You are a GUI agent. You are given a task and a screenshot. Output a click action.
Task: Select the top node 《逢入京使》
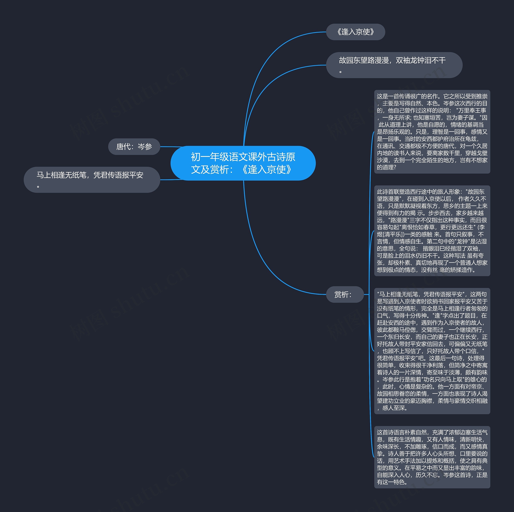[355, 32]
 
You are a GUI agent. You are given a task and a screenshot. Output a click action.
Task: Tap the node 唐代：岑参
[134, 146]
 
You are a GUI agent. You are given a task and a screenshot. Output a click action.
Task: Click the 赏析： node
[345, 295]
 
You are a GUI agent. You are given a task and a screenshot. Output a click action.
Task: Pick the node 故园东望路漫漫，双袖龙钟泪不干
[394, 65]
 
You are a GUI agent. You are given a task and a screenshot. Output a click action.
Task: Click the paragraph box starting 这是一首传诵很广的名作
[432, 132]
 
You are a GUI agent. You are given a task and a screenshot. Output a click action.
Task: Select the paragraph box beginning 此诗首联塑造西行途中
[432, 231]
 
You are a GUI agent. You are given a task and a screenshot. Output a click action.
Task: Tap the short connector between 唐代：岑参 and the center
[170, 147]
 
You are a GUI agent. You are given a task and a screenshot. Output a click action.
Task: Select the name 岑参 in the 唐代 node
[145, 146]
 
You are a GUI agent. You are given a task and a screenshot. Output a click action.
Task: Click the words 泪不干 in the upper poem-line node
[435, 61]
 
